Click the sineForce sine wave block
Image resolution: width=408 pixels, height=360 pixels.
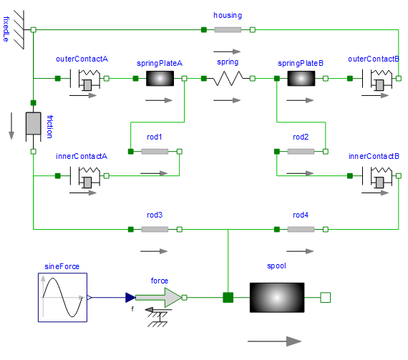coord(62,297)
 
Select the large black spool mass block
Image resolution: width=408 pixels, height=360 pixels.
coord(277,297)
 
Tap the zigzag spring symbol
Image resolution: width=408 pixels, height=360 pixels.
coord(228,78)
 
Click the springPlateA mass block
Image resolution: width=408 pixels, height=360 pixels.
coord(160,78)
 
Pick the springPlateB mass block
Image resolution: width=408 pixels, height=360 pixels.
coord(301,78)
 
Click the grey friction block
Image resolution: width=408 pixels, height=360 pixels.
coord(34,123)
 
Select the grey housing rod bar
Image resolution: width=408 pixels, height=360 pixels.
coord(228,29)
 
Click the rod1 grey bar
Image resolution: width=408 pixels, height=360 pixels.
coord(155,152)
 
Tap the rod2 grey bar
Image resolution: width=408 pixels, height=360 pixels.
coord(301,152)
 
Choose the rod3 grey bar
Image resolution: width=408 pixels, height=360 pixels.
coord(155,229)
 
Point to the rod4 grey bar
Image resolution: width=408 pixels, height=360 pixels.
coord(301,229)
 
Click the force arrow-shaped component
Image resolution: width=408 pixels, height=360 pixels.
coord(158,297)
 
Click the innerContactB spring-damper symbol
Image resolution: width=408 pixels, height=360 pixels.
coord(377,177)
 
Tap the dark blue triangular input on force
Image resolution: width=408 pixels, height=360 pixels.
coord(130,297)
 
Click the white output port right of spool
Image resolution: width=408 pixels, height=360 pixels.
coord(325,297)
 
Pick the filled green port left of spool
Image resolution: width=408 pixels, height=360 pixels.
coord(228,297)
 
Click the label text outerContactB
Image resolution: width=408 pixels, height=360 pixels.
coord(374,59)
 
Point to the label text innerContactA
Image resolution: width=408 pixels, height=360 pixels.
coord(82,156)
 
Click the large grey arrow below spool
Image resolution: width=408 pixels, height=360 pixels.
coord(274,341)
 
